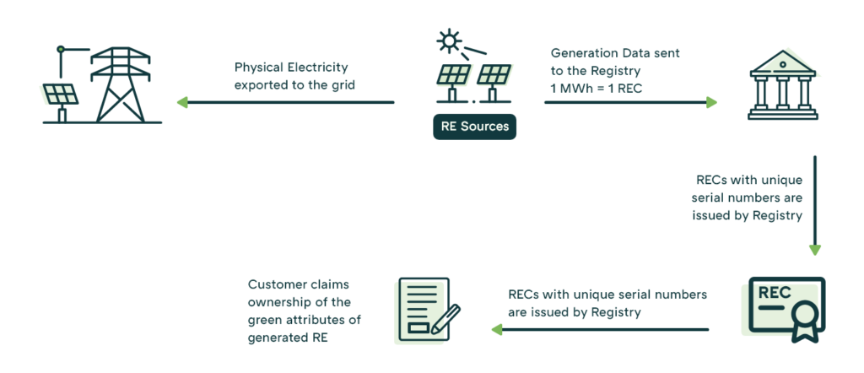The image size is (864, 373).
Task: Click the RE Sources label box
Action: pyautogui.click(x=474, y=127)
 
